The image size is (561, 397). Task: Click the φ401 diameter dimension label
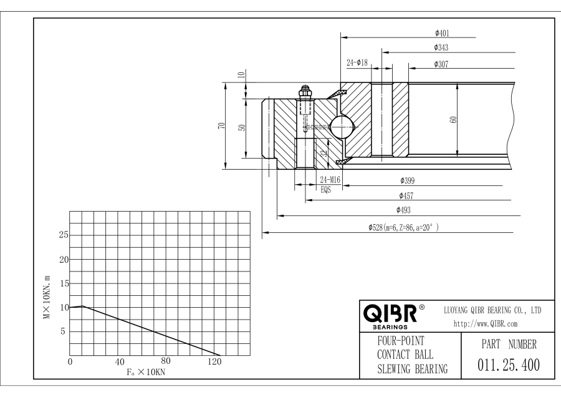[442, 33]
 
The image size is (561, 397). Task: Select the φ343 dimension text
[441, 47]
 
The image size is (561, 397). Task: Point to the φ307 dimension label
[441, 64]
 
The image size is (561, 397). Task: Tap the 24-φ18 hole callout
[357, 62]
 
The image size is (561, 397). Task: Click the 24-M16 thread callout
[330, 180]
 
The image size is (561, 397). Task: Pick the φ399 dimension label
[408, 180]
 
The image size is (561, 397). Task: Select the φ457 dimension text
[406, 196]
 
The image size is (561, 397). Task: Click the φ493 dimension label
[403, 210]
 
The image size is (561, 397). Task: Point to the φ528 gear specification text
[403, 227]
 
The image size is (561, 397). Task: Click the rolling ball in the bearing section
[342, 127]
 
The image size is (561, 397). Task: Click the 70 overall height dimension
[222, 125]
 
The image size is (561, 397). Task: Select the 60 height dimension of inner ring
[454, 120]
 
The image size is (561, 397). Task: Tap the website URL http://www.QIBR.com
[486, 324]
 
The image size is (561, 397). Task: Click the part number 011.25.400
[509, 365]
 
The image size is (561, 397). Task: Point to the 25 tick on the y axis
[64, 235]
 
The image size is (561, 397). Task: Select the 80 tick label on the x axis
[166, 361]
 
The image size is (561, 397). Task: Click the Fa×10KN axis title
[146, 372]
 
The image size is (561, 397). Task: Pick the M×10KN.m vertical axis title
[47, 297]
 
